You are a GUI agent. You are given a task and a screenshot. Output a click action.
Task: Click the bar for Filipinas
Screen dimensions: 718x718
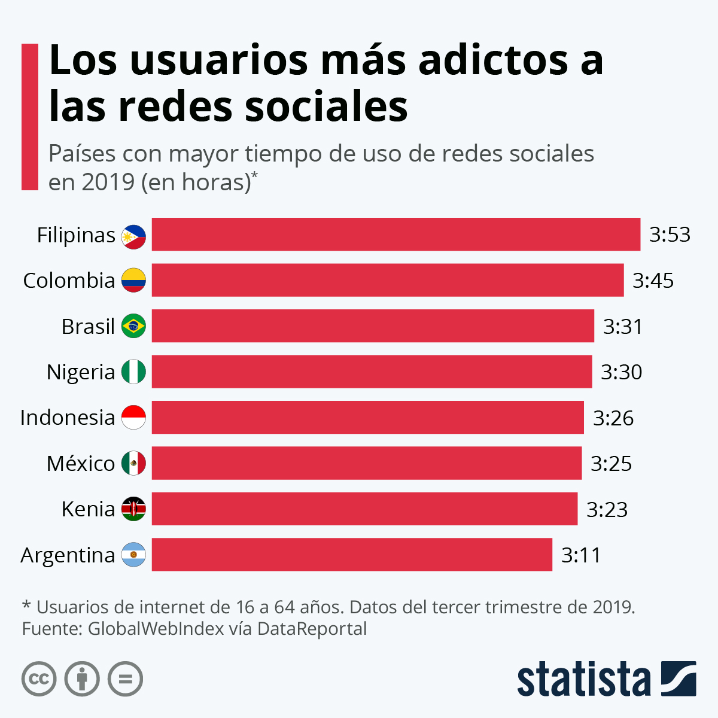[x=395, y=235]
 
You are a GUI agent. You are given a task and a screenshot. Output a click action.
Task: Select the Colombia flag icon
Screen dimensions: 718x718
[x=133, y=280]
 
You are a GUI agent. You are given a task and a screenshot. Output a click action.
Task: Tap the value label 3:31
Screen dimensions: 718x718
[x=622, y=326]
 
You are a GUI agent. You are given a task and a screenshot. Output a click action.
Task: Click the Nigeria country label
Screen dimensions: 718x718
[x=80, y=372]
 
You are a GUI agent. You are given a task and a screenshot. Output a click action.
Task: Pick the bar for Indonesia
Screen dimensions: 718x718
[x=367, y=418]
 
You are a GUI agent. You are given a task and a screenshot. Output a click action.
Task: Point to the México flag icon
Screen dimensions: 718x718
[x=133, y=463]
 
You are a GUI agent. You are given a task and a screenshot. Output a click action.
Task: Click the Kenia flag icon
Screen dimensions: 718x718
[x=133, y=509]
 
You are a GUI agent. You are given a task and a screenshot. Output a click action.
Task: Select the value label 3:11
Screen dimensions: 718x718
[x=580, y=555]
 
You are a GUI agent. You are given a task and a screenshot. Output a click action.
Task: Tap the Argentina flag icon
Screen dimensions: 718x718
[x=133, y=555]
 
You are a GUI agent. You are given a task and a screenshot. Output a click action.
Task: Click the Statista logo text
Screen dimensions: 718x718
[x=583, y=679]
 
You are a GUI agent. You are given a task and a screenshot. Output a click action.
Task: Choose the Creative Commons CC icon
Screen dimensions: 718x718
[x=39, y=679]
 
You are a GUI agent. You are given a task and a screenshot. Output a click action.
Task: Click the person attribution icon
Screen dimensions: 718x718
[x=82, y=679]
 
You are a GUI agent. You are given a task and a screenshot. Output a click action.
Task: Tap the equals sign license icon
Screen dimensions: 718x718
[x=125, y=679]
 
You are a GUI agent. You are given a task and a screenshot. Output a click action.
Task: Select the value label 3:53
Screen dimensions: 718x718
[x=670, y=235]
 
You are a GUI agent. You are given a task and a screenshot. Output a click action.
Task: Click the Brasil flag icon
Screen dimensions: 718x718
[x=133, y=326]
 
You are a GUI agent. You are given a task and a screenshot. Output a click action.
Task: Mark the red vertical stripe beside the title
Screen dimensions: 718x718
[x=29, y=117]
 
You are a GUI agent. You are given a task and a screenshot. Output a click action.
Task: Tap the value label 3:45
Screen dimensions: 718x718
[x=653, y=280]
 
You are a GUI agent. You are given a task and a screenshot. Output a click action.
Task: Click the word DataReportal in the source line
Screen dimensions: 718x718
[x=312, y=629]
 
